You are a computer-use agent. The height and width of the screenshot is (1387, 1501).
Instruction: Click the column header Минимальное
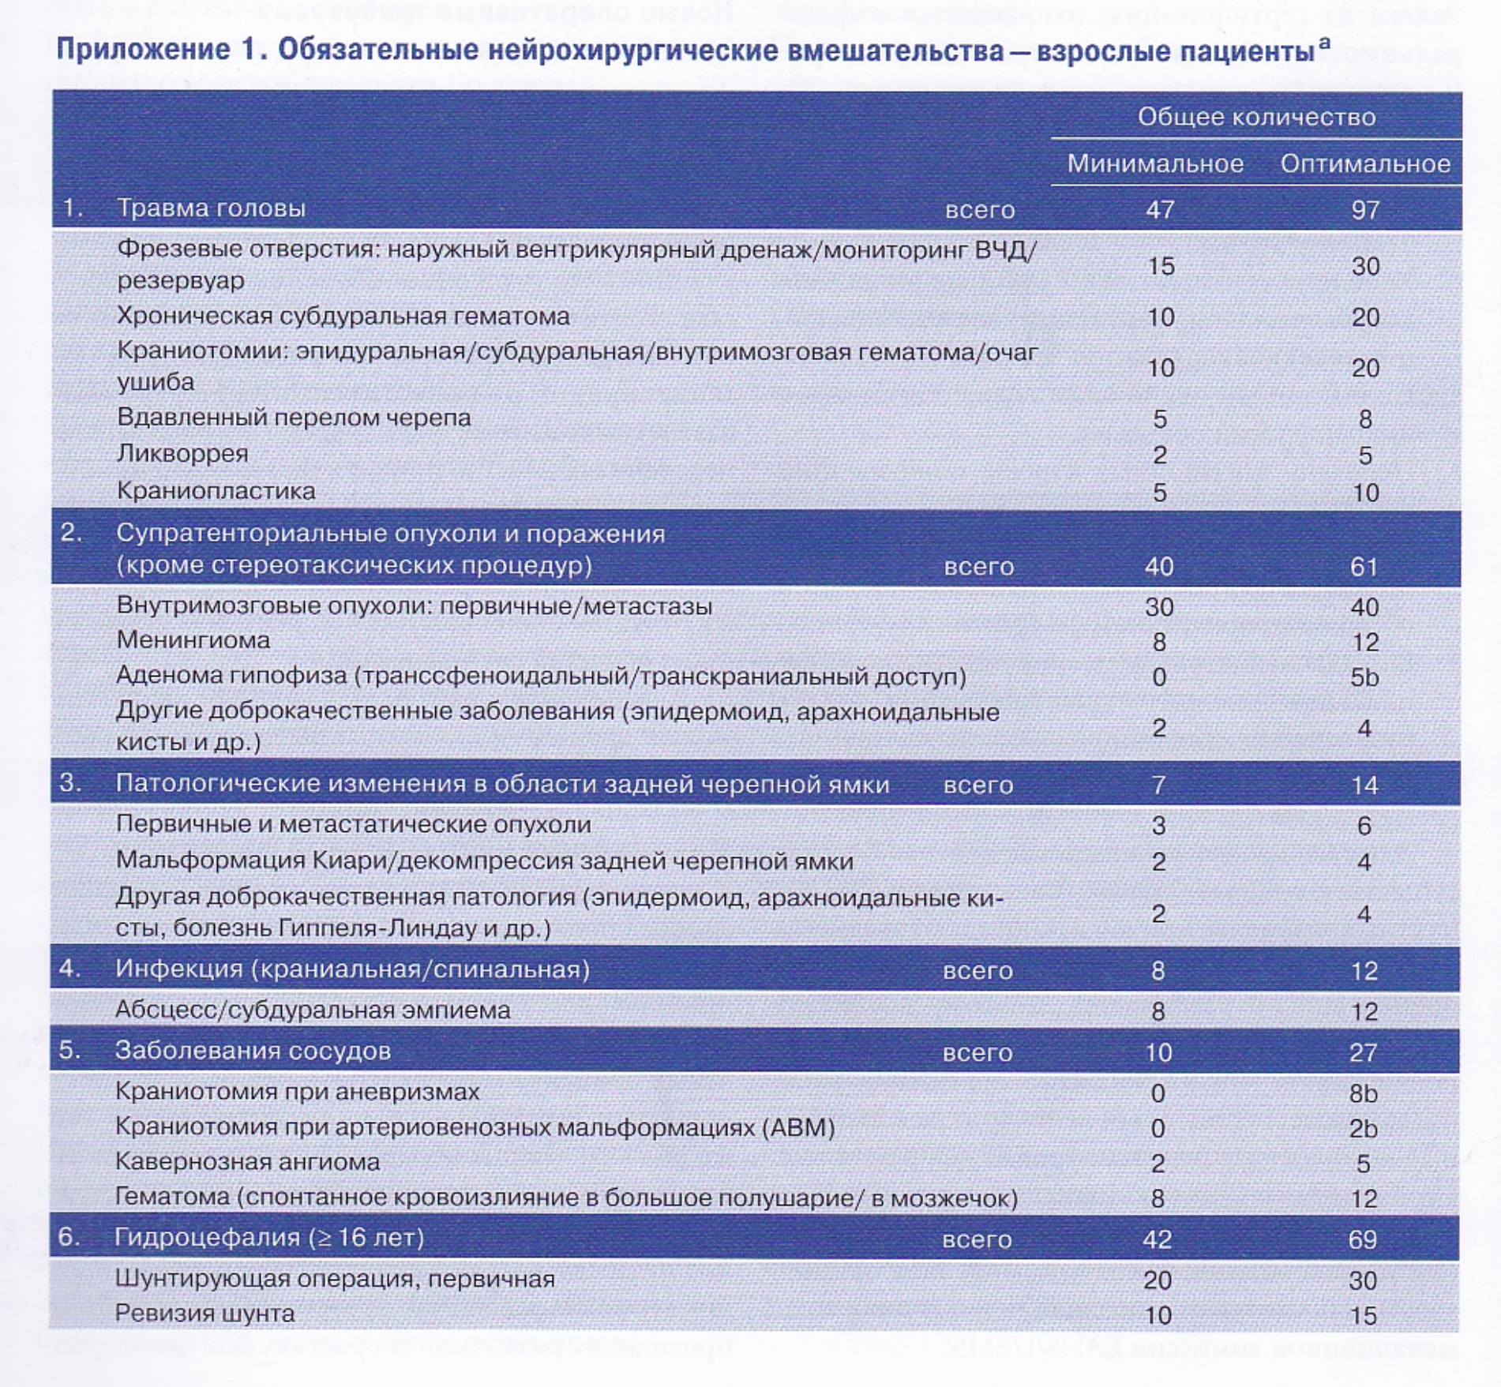1155,163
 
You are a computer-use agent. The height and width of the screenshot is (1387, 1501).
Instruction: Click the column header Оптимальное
1365,163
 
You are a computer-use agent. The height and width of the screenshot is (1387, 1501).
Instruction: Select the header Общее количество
1256,117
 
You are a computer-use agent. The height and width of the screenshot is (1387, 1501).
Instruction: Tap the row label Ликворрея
182,454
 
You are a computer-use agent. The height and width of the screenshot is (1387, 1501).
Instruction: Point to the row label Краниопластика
216,491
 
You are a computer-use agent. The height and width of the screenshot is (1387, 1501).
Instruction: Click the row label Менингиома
193,640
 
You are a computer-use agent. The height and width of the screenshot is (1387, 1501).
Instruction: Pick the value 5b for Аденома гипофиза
1364,677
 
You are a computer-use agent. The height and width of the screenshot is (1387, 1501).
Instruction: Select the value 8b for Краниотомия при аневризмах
1363,1093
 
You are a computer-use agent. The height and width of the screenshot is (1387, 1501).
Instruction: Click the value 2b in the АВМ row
1363,1129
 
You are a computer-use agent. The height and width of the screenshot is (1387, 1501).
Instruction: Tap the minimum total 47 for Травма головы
1160,210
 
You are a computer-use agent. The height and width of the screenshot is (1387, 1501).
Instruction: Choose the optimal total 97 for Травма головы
1365,210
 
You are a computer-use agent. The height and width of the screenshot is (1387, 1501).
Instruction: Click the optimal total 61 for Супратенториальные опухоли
1364,567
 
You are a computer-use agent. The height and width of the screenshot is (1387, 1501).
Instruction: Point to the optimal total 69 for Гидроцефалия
1363,1239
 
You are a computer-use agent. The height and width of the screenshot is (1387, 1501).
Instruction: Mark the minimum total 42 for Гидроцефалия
1157,1239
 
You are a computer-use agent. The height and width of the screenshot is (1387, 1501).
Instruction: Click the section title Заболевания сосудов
253,1051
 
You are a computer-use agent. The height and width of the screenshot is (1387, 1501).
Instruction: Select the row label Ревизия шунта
205,1314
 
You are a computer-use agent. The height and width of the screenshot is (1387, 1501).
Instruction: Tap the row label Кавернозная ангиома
247,1162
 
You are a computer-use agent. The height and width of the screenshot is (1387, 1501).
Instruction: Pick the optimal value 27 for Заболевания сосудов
1363,1052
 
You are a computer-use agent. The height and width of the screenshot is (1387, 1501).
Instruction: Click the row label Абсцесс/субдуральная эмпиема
313,1010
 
